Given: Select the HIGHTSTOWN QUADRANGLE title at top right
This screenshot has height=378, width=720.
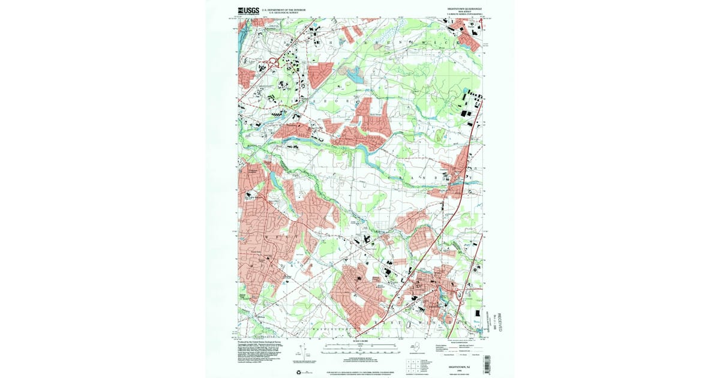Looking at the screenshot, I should point(465,8).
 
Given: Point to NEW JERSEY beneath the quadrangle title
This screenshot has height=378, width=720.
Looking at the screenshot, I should point(465,11).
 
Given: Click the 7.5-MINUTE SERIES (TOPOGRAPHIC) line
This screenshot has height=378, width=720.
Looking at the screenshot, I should point(465,14).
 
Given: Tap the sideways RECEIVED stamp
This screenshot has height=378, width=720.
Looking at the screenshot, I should point(493,317).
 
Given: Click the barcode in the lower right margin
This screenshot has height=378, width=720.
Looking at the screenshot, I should point(487,364).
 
